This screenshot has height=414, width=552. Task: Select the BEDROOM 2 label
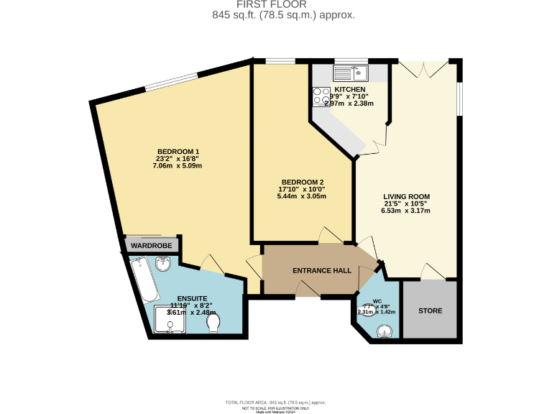pyautogui.click(x=302, y=181)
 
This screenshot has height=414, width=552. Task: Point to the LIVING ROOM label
pyautogui.click(x=406, y=196)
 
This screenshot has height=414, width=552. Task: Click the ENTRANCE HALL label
pyautogui.click(x=321, y=271)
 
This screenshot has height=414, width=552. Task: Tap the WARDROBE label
pyautogui.click(x=151, y=246)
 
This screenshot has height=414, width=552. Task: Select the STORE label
pyautogui.click(x=430, y=311)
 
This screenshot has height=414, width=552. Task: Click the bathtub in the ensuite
pyautogui.click(x=147, y=280)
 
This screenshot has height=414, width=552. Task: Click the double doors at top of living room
pyautogui.click(x=423, y=69)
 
